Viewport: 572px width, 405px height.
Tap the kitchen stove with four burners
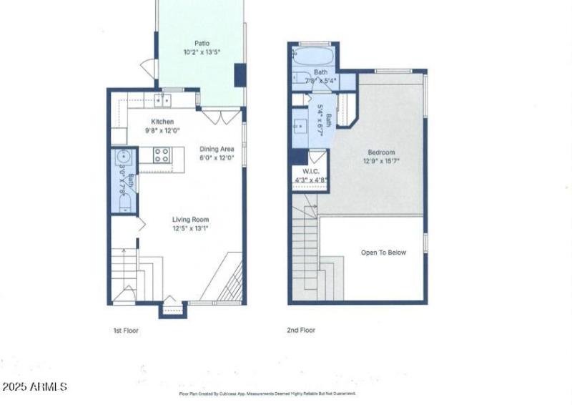tap(162, 155)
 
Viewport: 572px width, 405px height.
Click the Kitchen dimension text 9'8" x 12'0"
tap(162, 131)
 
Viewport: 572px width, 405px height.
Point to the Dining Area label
tap(217, 149)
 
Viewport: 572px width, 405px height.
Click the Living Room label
tap(189, 220)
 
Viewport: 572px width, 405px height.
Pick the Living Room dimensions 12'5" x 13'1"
tap(189, 229)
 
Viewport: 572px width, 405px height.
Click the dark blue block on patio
tap(240, 74)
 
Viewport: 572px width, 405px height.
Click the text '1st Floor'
tap(125, 331)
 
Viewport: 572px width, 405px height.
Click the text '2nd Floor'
tap(300, 331)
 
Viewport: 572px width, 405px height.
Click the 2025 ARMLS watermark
tap(34, 386)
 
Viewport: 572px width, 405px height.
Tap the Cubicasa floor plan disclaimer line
tap(267, 394)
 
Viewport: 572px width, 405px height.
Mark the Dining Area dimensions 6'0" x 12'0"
tap(217, 158)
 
